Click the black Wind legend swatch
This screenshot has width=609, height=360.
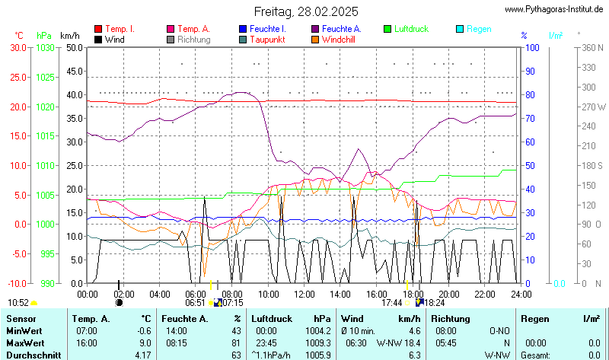98,39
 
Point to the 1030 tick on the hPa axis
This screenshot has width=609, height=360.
45,47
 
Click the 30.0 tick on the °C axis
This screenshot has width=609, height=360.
18,47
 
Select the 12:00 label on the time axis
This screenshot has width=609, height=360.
304,294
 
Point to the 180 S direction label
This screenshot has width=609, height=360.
593,165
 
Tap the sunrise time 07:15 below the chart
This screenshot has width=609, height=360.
232,303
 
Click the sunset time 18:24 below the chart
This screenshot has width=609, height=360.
435,303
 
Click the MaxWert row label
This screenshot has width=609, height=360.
24,342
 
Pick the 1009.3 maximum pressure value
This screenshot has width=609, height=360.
317,342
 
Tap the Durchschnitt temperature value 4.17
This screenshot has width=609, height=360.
142,355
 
